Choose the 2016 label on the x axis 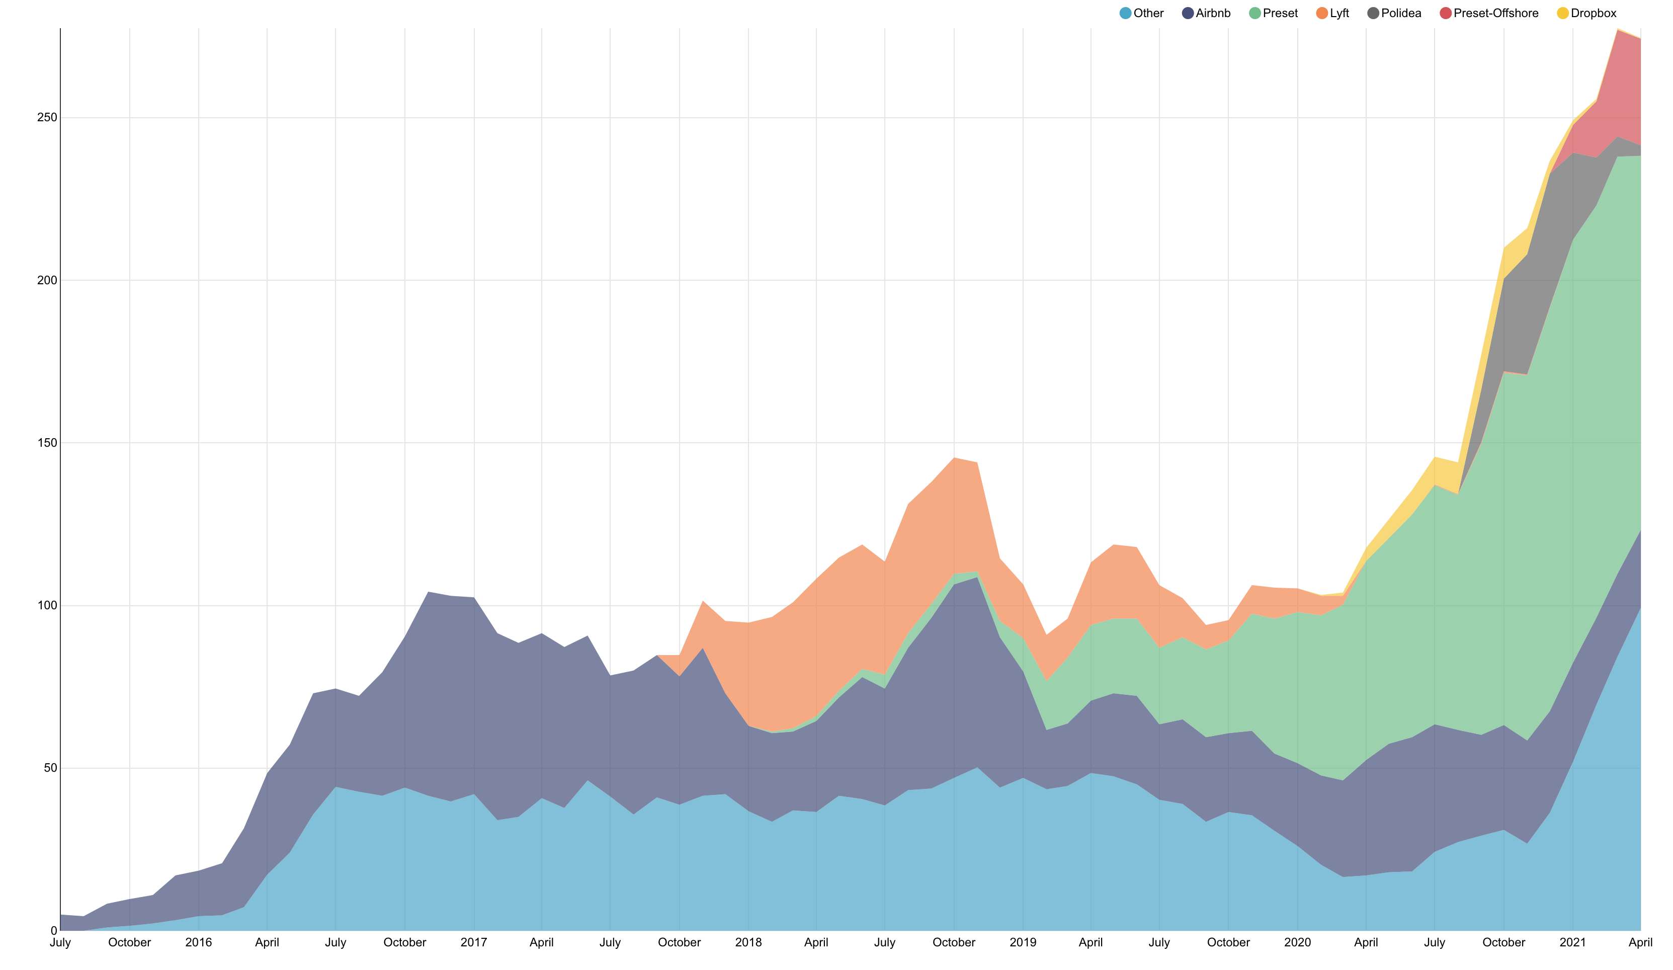(199, 943)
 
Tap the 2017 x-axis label (474, 943)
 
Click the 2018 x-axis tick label (748, 943)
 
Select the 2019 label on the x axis (1023, 943)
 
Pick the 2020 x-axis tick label (1298, 943)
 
